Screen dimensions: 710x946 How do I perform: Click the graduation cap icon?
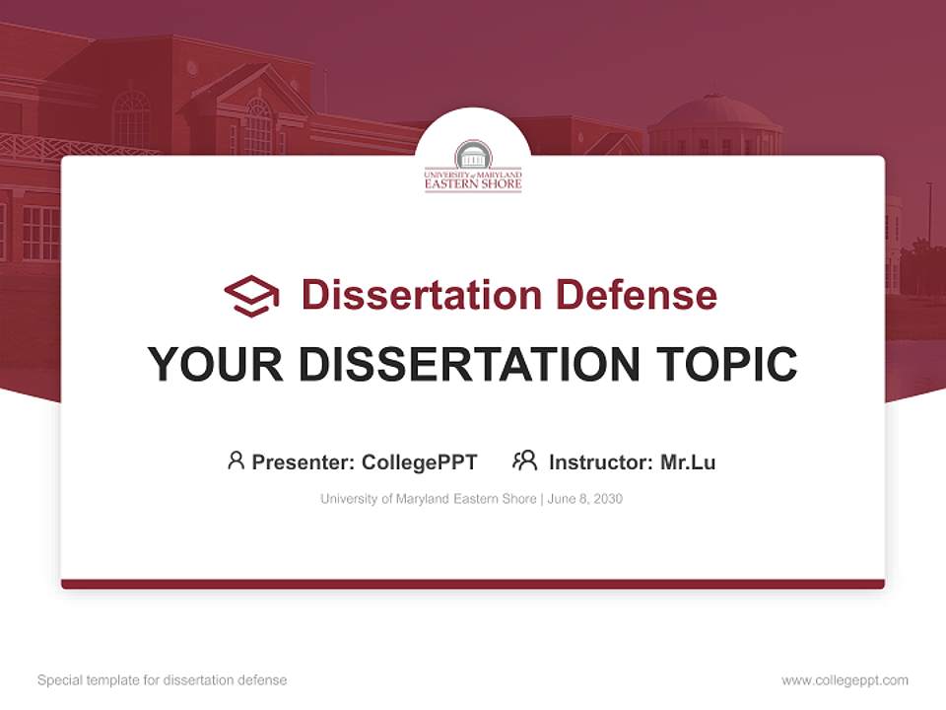[251, 295]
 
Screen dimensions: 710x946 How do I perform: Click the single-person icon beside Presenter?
[236, 461]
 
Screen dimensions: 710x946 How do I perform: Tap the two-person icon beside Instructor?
[525, 461]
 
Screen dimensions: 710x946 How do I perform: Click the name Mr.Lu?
[688, 462]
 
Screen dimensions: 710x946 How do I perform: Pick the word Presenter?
[304, 462]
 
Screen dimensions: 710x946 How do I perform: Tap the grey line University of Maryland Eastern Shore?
[428, 499]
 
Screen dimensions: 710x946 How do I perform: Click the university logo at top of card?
[473, 166]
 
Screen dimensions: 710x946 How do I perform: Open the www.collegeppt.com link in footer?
[845, 680]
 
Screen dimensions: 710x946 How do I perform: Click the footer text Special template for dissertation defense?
[162, 680]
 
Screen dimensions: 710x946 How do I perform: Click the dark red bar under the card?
[473, 584]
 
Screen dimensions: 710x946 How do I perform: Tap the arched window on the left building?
[131, 118]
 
